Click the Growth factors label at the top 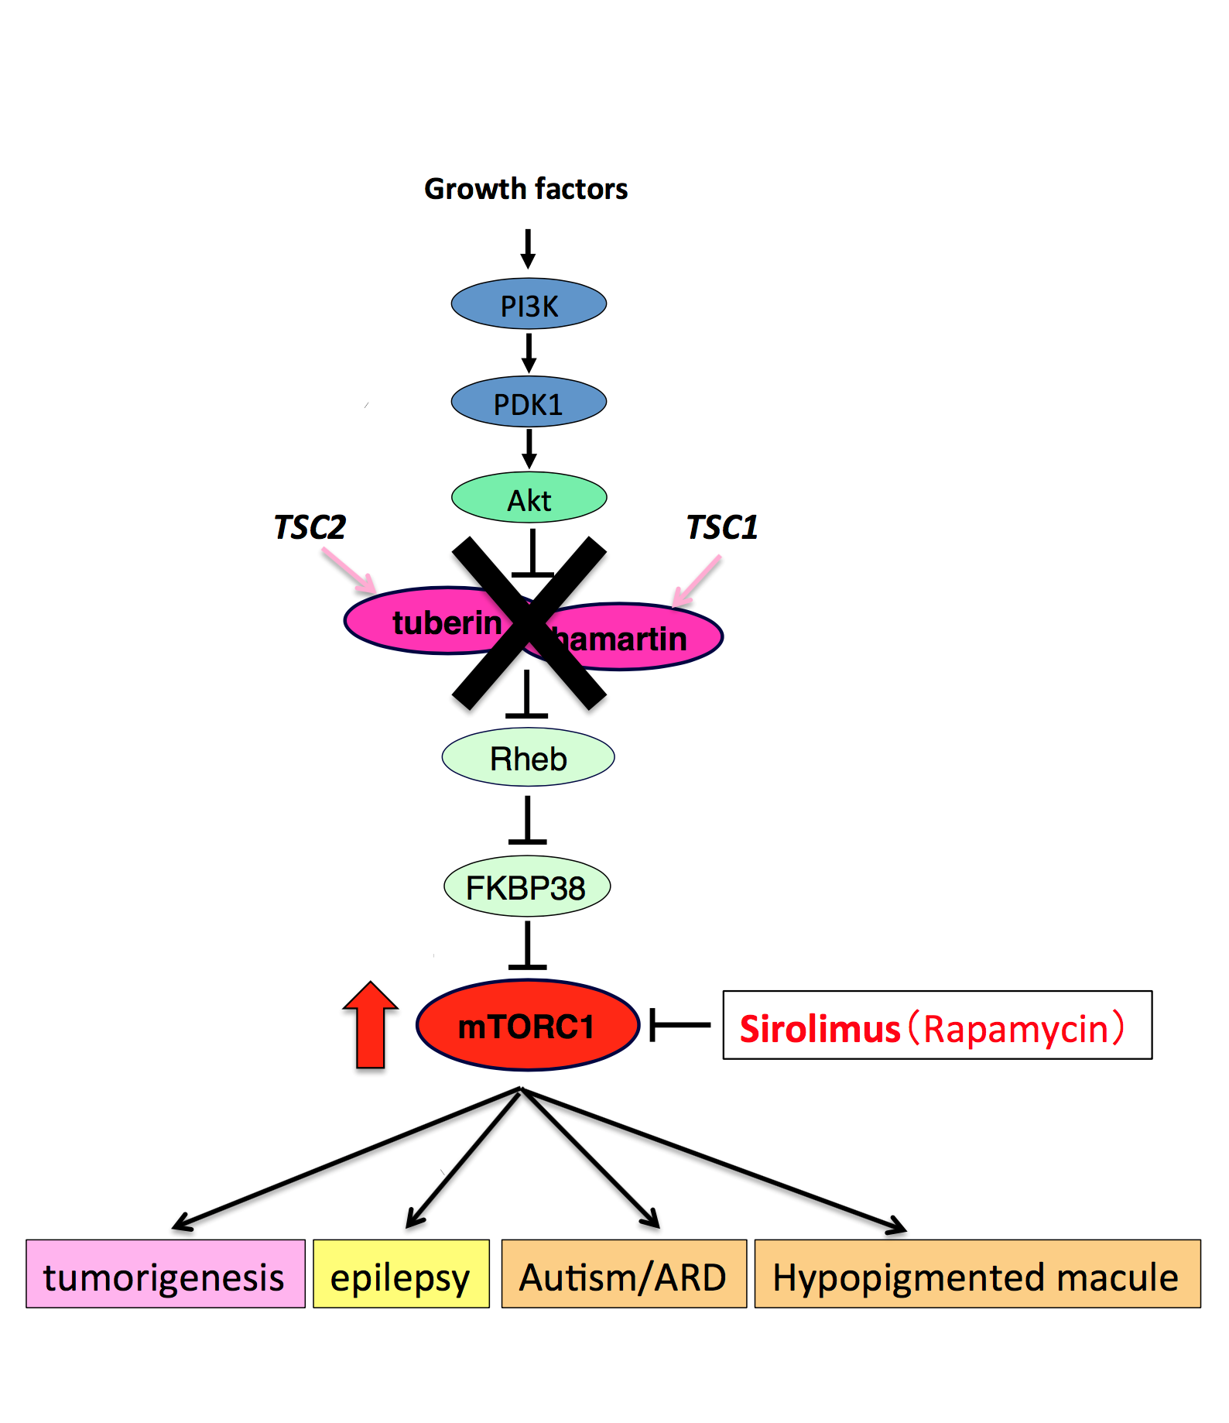[525, 189]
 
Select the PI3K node [529, 304]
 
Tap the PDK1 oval [529, 403]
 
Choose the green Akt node [529, 499]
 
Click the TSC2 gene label [310, 527]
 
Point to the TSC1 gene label [722, 527]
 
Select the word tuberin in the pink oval [446, 622]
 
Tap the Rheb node [528, 758]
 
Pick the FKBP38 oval [526, 887]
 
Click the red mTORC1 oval [527, 1026]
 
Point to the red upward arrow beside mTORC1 [371, 1026]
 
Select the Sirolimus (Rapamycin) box [936, 1026]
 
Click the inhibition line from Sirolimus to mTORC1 [680, 1025]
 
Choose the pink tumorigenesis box [165, 1274]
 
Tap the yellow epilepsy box [401, 1274]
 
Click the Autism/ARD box [623, 1274]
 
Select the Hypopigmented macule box [977, 1274]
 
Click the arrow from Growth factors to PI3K [528, 249]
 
